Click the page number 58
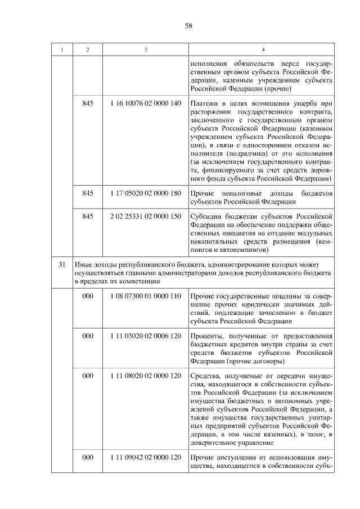click(188, 25)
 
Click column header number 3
click(146, 50)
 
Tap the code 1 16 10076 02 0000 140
click(146, 103)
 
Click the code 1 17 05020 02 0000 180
click(146, 193)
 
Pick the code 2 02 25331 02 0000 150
click(146, 215)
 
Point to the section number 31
click(62, 264)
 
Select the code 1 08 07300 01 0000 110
click(146, 296)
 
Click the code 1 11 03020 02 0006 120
click(146, 336)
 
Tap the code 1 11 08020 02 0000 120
click(146, 375)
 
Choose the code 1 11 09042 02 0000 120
click(146, 458)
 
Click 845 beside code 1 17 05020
click(88, 193)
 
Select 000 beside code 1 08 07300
click(88, 296)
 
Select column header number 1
click(62, 50)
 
